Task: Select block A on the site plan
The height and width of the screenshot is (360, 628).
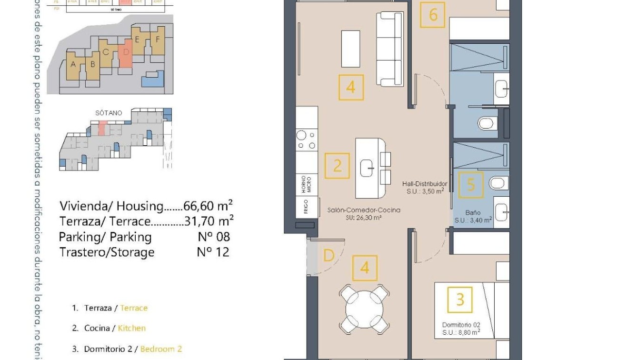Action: [x=73, y=64]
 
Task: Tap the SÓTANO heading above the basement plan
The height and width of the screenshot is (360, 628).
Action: [x=109, y=113]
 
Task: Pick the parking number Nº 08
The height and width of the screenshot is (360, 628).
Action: [x=213, y=237]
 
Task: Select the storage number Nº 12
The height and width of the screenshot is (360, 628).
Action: [x=213, y=252]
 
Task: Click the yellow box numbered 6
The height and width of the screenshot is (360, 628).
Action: [x=433, y=15]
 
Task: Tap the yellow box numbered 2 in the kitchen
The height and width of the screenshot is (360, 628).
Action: [x=337, y=166]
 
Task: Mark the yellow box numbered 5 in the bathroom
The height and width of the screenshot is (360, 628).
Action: [x=471, y=184]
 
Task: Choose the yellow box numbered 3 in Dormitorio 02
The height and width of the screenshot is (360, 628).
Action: [x=460, y=300]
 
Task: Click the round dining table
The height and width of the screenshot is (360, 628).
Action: [x=364, y=309]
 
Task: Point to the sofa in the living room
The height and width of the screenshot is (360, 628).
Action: [x=390, y=49]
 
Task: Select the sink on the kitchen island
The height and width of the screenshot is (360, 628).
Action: [x=368, y=168]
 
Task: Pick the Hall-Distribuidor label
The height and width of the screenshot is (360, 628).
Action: [x=424, y=184]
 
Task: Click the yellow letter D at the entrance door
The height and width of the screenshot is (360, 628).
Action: [x=329, y=256]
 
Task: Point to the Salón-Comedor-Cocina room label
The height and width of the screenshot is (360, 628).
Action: [x=364, y=210]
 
